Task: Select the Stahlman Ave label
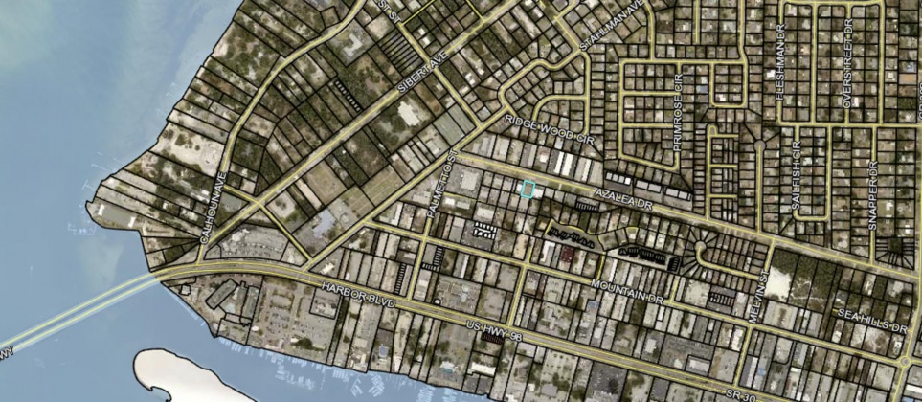614,30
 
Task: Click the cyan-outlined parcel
527,190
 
